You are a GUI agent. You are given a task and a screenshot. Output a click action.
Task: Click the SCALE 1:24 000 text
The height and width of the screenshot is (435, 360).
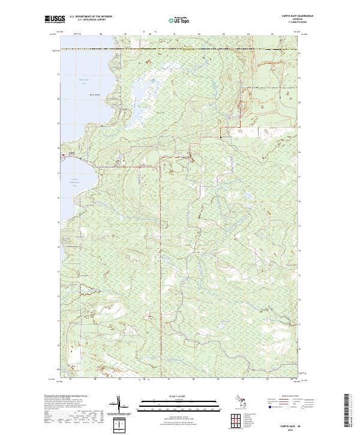[179, 396]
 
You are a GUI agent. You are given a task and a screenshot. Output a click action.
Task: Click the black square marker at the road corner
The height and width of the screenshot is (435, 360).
[221, 137]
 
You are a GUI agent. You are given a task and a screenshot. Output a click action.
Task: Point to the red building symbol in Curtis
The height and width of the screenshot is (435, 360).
[63, 155]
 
